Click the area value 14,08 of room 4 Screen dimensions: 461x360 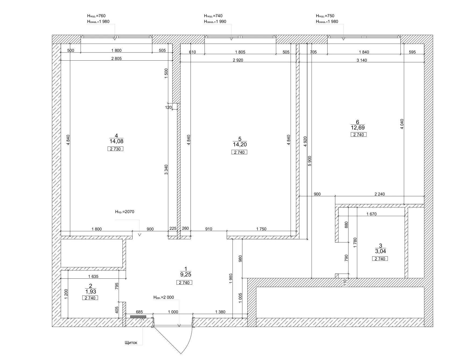[x=116, y=141]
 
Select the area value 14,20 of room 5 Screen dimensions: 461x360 [x=240, y=145]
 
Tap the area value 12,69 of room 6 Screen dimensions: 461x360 [x=358, y=128]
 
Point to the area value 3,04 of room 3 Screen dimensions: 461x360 [x=381, y=251]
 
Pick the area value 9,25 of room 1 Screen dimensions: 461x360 [x=186, y=274]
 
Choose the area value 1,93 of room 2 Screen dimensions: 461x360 [x=91, y=292]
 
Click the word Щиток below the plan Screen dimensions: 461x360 [x=131, y=343]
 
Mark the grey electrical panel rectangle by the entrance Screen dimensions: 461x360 [x=138, y=317]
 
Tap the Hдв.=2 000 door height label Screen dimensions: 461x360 [x=164, y=298]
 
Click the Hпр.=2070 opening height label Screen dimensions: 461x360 [x=125, y=212]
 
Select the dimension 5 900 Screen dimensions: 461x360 [x=309, y=161]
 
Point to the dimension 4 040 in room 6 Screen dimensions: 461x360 [x=402, y=124]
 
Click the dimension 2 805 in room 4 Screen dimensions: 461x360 [x=117, y=58]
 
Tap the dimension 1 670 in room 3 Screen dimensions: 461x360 [x=372, y=214]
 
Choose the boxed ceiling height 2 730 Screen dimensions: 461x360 [x=115, y=149]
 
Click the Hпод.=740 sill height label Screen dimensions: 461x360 [x=213, y=16]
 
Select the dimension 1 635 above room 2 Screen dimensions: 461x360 [x=93, y=276]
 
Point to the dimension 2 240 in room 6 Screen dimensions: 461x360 [x=380, y=194]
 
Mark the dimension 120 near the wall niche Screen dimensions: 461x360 [x=168, y=107]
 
